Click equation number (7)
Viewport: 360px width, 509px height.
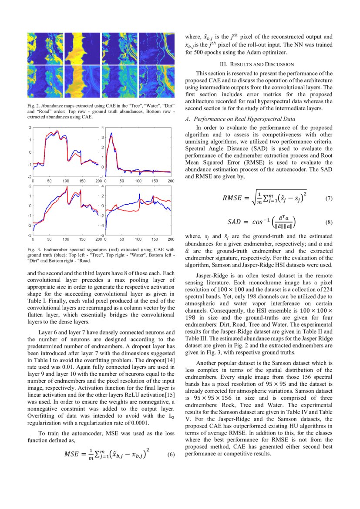click(x=329, y=199)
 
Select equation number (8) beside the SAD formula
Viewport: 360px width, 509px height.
click(x=329, y=222)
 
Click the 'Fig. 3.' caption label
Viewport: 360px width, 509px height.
click(x=33, y=249)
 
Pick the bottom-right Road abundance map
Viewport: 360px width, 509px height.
click(x=156, y=81)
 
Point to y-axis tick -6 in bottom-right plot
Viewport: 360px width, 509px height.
click(x=102, y=236)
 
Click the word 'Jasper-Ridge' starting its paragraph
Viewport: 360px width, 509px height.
click(x=211, y=276)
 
